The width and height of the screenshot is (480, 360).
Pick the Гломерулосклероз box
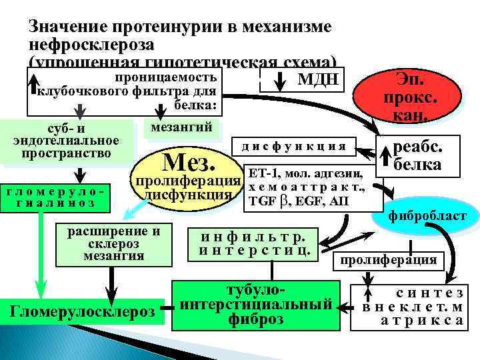point(83,311)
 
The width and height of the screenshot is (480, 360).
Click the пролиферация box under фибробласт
point(389,259)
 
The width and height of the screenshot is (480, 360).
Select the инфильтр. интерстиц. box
point(257,244)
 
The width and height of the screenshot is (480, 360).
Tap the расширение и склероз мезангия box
point(115,243)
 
